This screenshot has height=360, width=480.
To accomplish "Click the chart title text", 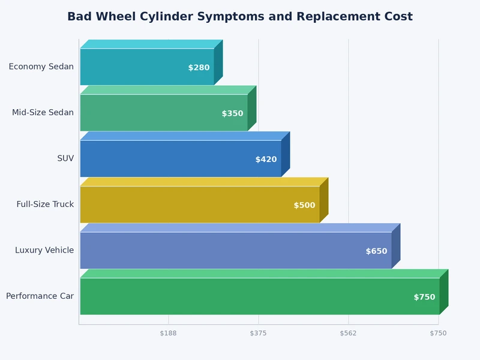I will (240, 17).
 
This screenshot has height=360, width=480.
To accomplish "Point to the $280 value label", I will (199, 68).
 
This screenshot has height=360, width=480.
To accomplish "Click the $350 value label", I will (232, 113).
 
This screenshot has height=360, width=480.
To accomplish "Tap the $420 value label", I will (266, 160).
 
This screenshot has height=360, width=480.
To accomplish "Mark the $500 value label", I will (304, 205).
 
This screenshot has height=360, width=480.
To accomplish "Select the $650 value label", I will (376, 251).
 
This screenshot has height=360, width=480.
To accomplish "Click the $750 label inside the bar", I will (424, 297).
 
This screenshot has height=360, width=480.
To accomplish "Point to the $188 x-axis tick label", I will (169, 333).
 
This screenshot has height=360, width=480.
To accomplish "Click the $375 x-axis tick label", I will (258, 333).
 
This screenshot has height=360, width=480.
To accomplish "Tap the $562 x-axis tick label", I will (348, 333).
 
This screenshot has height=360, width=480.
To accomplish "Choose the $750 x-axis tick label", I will (438, 333).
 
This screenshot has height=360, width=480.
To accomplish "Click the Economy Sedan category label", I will (41, 67).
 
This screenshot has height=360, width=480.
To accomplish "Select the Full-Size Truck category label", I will (45, 205).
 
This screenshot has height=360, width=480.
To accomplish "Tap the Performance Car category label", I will (40, 296).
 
